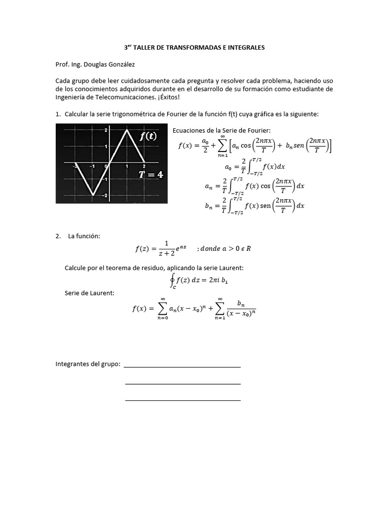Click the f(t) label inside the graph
pyautogui.click(x=148, y=137)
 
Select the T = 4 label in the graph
pyautogui.click(x=151, y=175)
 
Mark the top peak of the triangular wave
pyautogui.click(x=126, y=131)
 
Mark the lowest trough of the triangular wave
pyautogui.click(x=92, y=195)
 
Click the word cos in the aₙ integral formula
pyautogui.click(x=266, y=186)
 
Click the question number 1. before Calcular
pyautogui.click(x=58, y=114)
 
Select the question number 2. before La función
pyautogui.click(x=58, y=237)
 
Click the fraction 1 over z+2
pyautogui.click(x=167, y=248)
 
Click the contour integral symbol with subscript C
pyautogui.click(x=173, y=280)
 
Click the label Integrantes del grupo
pyautogui.click(x=88, y=364)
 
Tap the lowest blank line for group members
pyautogui.click(x=182, y=400)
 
